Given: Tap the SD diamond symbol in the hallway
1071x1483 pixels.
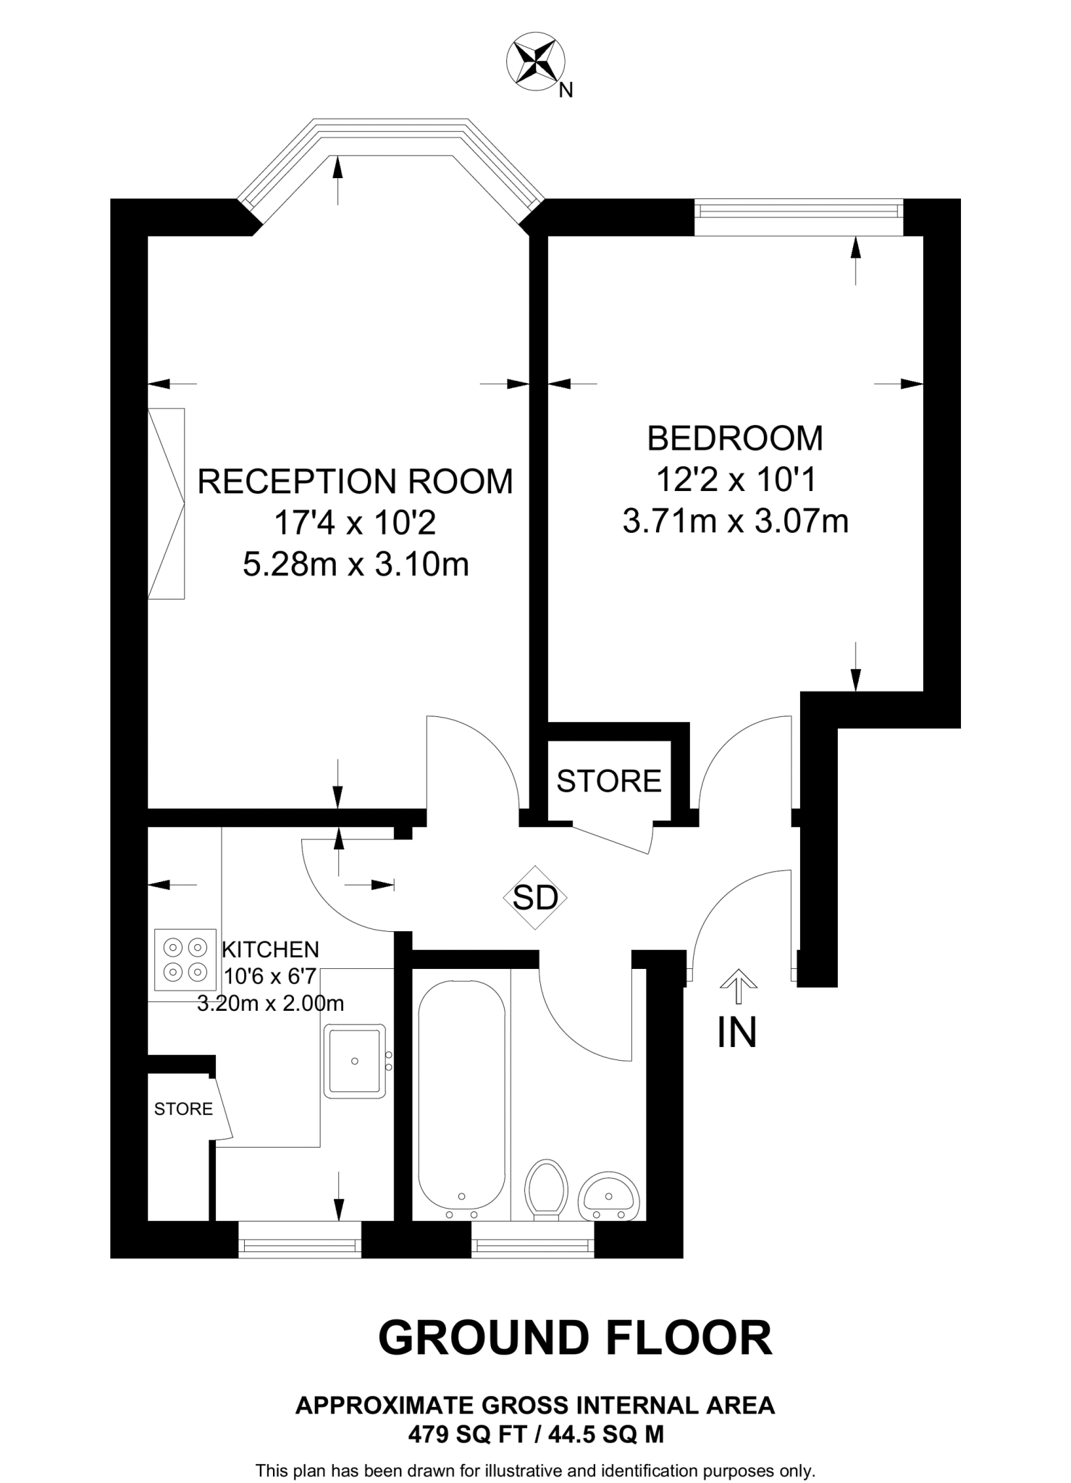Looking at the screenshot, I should click(535, 898).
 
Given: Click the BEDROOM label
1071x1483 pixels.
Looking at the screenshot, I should click(734, 438).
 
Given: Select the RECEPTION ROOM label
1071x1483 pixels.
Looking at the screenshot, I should click(355, 482).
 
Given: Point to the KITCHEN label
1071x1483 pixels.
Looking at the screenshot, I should click(270, 949).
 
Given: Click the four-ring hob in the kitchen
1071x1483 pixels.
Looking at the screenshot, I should click(185, 959).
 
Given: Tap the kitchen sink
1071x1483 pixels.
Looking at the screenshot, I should click(354, 1061).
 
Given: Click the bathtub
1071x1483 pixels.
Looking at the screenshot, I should click(461, 1100).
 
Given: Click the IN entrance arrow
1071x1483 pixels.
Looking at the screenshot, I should click(738, 986).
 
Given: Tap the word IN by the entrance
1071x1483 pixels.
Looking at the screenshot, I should click(736, 1033).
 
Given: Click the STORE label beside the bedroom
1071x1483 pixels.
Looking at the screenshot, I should click(608, 781).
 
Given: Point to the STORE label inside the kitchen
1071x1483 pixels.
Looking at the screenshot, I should click(183, 1109).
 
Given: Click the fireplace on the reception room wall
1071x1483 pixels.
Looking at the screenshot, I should click(166, 503).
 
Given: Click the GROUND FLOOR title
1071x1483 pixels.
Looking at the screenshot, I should click(575, 1337).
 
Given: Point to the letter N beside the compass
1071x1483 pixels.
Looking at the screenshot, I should click(567, 90).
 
